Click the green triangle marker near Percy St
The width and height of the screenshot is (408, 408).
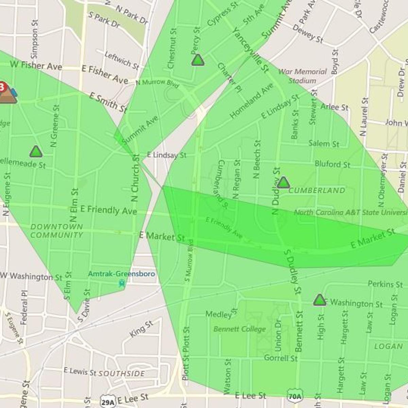pos(198,60)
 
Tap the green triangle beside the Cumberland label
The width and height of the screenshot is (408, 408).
pos(283,183)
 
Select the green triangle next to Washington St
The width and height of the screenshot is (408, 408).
pos(319,300)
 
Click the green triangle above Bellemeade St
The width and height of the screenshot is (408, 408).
pos(36,152)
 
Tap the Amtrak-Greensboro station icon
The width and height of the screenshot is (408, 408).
pos(122,283)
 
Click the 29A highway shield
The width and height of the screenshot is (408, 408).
pos(108,402)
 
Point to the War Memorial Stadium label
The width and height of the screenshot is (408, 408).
pos(302,76)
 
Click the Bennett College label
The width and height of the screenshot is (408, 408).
pos(240,329)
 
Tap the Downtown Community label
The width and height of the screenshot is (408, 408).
pos(56,231)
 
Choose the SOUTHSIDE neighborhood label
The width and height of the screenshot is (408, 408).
pos(122,373)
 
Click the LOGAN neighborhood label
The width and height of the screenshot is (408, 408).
pos(388,346)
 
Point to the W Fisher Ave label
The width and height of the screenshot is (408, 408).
pos(36,65)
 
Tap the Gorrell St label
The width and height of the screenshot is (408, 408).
pos(281,358)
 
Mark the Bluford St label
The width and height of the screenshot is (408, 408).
pos(332,165)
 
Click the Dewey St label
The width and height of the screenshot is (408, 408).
pos(308,34)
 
